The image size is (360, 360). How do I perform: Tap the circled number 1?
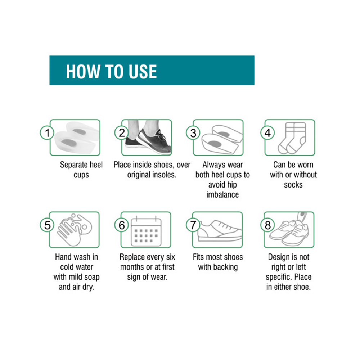point(47,133)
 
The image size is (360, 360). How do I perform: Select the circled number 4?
point(268,133)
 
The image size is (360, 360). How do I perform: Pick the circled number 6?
point(122,225)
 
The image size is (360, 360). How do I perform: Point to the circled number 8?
point(268,225)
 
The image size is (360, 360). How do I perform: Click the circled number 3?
point(193,133)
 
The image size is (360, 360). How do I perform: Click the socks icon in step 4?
point(292,138)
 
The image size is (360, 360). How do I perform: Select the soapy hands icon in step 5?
point(75,230)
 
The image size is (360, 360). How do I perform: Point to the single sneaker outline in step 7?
point(220,231)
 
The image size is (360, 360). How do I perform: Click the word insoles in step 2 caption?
point(163,175)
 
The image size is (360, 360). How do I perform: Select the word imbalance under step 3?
point(222,195)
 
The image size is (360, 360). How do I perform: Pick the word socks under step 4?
point(293,185)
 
